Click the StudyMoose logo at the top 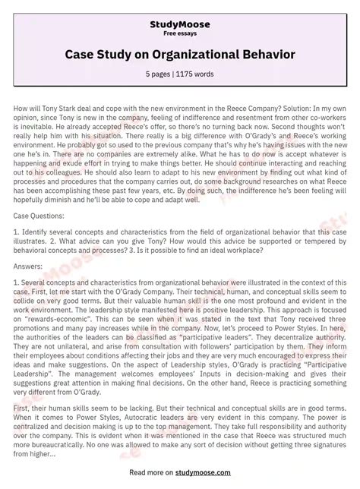coord(179,24)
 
